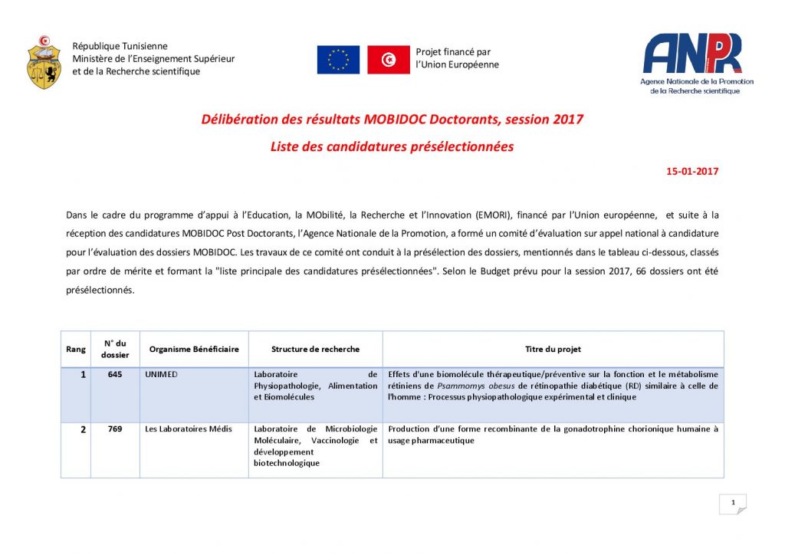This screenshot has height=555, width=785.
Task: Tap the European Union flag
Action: click(x=338, y=60)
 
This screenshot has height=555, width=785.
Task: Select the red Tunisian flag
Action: click(x=389, y=60)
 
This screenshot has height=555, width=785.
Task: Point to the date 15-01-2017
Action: click(x=692, y=172)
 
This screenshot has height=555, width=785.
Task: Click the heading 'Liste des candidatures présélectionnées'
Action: click(x=392, y=146)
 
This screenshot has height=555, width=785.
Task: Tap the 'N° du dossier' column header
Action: click(x=115, y=349)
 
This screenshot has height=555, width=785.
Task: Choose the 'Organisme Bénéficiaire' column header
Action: click(x=194, y=350)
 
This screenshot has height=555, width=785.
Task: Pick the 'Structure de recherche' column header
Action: click(x=315, y=350)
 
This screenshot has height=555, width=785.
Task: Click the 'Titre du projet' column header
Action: click(x=553, y=350)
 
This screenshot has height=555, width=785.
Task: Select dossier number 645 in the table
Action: click(x=115, y=374)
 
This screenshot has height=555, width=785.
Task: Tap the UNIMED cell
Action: click(x=160, y=374)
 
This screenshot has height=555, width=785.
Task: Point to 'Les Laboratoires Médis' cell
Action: click(x=189, y=429)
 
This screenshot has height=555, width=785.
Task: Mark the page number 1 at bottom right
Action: click(x=733, y=503)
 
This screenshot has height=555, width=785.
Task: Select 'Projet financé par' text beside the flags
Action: click(x=452, y=52)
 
